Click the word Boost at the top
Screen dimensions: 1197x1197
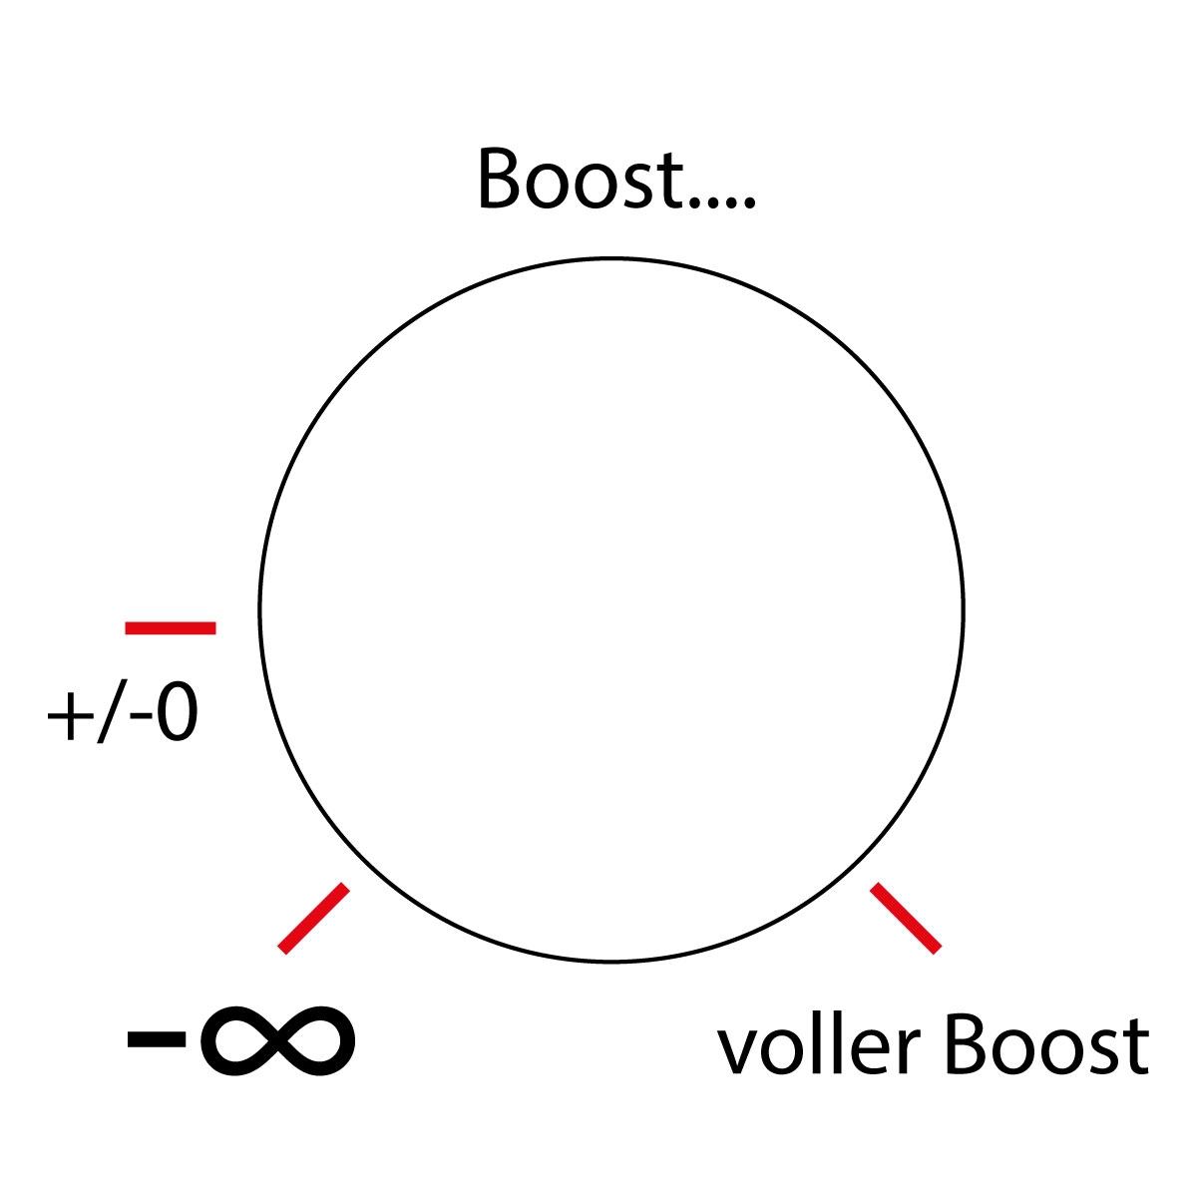pos(579,180)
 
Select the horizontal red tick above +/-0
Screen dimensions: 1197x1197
pos(171,627)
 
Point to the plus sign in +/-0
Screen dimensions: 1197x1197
pos(67,718)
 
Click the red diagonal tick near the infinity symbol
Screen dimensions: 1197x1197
pos(314,918)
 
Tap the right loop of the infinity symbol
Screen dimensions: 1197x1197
pos(317,1040)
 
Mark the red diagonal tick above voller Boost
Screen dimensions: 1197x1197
pos(906,918)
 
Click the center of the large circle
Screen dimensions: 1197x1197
pos(611,610)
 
